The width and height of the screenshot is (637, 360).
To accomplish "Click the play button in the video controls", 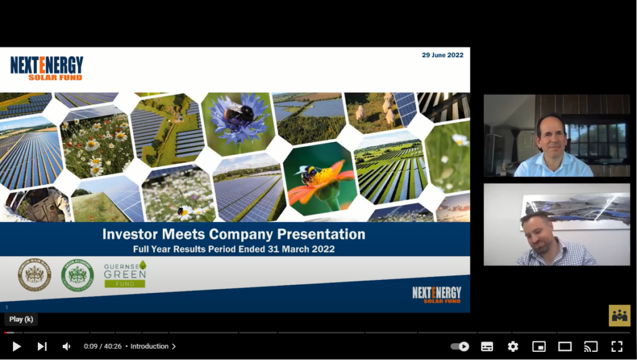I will [17, 346].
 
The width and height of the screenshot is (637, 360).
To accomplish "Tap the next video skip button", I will [42, 346].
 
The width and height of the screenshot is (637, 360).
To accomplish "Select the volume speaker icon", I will [67, 346].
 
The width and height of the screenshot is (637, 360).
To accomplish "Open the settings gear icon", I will [513, 346].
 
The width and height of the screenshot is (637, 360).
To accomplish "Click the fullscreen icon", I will [616, 346].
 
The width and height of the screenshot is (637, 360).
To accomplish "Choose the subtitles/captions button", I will [487, 346].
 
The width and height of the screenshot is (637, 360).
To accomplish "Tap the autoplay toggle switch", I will [460, 346].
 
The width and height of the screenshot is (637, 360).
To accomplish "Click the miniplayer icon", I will [539, 346].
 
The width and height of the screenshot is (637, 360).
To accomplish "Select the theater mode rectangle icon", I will [565, 346].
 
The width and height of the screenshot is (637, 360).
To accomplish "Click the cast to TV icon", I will [590, 346].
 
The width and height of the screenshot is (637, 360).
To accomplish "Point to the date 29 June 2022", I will [442, 55].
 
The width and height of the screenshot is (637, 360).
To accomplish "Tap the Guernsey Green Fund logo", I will [125, 274].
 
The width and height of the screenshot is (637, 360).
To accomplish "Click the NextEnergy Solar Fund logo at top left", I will [47, 68].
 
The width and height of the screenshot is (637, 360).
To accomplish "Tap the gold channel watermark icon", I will [619, 315].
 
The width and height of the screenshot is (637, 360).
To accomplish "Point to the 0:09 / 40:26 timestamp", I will [103, 346].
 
